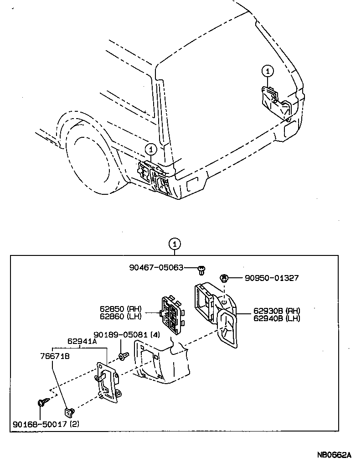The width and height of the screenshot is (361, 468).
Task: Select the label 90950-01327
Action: (x=272, y=278)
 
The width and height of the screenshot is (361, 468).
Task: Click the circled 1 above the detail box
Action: (x=175, y=244)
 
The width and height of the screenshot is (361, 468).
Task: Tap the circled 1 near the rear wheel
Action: (x=151, y=149)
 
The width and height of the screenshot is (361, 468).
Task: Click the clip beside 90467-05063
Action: (x=201, y=270)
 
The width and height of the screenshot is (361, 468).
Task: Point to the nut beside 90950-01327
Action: (x=224, y=277)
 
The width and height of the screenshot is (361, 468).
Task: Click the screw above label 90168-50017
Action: (x=41, y=403)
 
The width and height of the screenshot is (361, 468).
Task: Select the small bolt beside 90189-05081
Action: (x=121, y=355)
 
